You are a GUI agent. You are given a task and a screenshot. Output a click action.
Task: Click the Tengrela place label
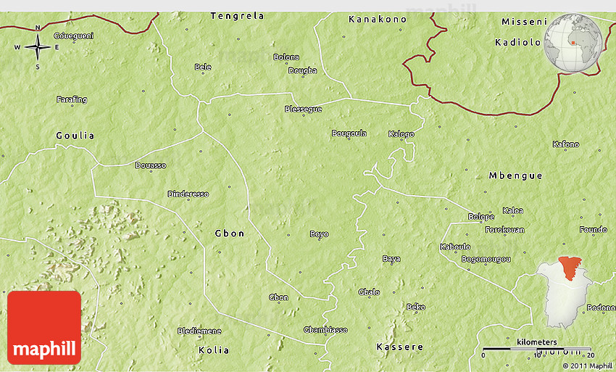tap(237, 15)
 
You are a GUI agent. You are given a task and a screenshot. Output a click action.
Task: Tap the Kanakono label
tap(378, 19)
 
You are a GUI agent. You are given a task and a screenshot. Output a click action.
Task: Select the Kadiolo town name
tap(517, 42)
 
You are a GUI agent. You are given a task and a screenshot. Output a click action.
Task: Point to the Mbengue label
tap(515, 175)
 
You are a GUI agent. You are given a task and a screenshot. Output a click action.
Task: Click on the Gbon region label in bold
tap(230, 233)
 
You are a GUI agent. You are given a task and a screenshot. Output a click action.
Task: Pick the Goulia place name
tap(75, 136)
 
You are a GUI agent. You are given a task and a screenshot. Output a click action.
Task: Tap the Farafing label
tap(72, 99)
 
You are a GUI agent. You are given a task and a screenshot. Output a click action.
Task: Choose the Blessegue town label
tap(303, 109)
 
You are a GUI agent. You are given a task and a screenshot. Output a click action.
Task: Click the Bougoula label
tap(349, 133)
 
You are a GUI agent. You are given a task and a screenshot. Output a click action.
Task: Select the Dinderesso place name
tap(188, 194)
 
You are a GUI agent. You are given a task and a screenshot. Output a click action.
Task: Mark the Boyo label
tap(319, 234)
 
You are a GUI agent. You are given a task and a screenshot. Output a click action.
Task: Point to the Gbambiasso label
tap(325, 330)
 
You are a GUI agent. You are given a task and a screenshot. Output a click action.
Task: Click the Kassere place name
tap(399, 347)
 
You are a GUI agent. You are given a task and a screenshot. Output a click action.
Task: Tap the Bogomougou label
tap(486, 259)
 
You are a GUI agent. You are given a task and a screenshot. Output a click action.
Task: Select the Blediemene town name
tap(199, 331)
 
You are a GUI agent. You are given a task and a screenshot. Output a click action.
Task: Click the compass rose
tap(38, 48)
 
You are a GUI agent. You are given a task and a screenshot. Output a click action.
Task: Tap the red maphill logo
tap(44, 328)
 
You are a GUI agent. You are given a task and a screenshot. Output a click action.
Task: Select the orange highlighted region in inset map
tap(571, 266)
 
